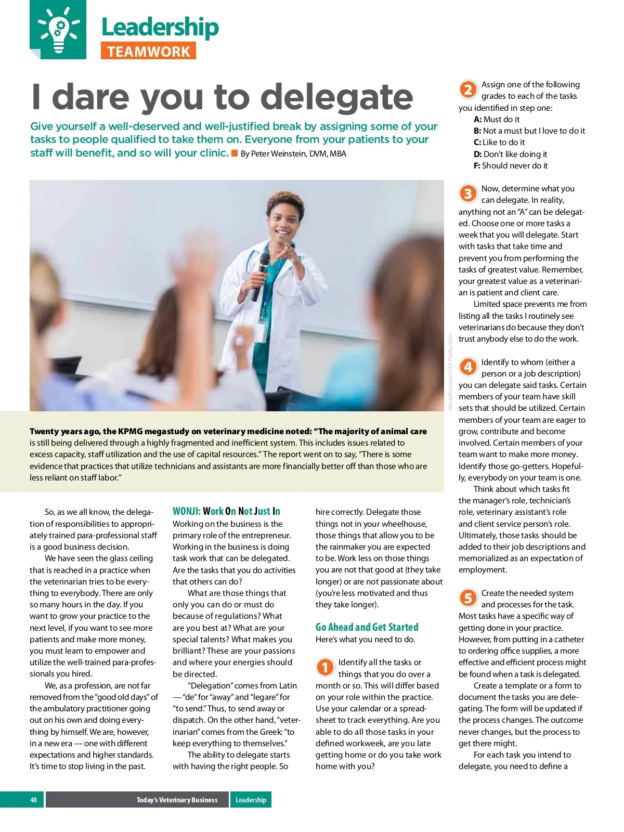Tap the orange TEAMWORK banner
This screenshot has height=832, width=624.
pos(148,51)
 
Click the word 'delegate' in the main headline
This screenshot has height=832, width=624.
pos(336,97)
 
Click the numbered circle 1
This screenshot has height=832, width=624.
pos(325,667)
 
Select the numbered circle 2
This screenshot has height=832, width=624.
pos(468,89)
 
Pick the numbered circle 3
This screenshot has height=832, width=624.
pos(468,193)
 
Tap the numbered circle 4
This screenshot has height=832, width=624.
pos(468,367)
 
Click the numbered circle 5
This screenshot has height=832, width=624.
pos(468,598)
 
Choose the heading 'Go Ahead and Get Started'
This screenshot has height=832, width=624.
pos(367,627)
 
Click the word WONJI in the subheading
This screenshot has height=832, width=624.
pos(186,511)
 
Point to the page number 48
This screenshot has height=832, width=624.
pos(34,800)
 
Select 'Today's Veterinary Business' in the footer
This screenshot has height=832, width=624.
pos(177,800)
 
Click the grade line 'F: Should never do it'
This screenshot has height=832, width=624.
pos(510,166)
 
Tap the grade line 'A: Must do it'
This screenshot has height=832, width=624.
pos(497,119)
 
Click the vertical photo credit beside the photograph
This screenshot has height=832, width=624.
pos(450,372)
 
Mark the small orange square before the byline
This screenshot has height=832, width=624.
pos(235,153)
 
